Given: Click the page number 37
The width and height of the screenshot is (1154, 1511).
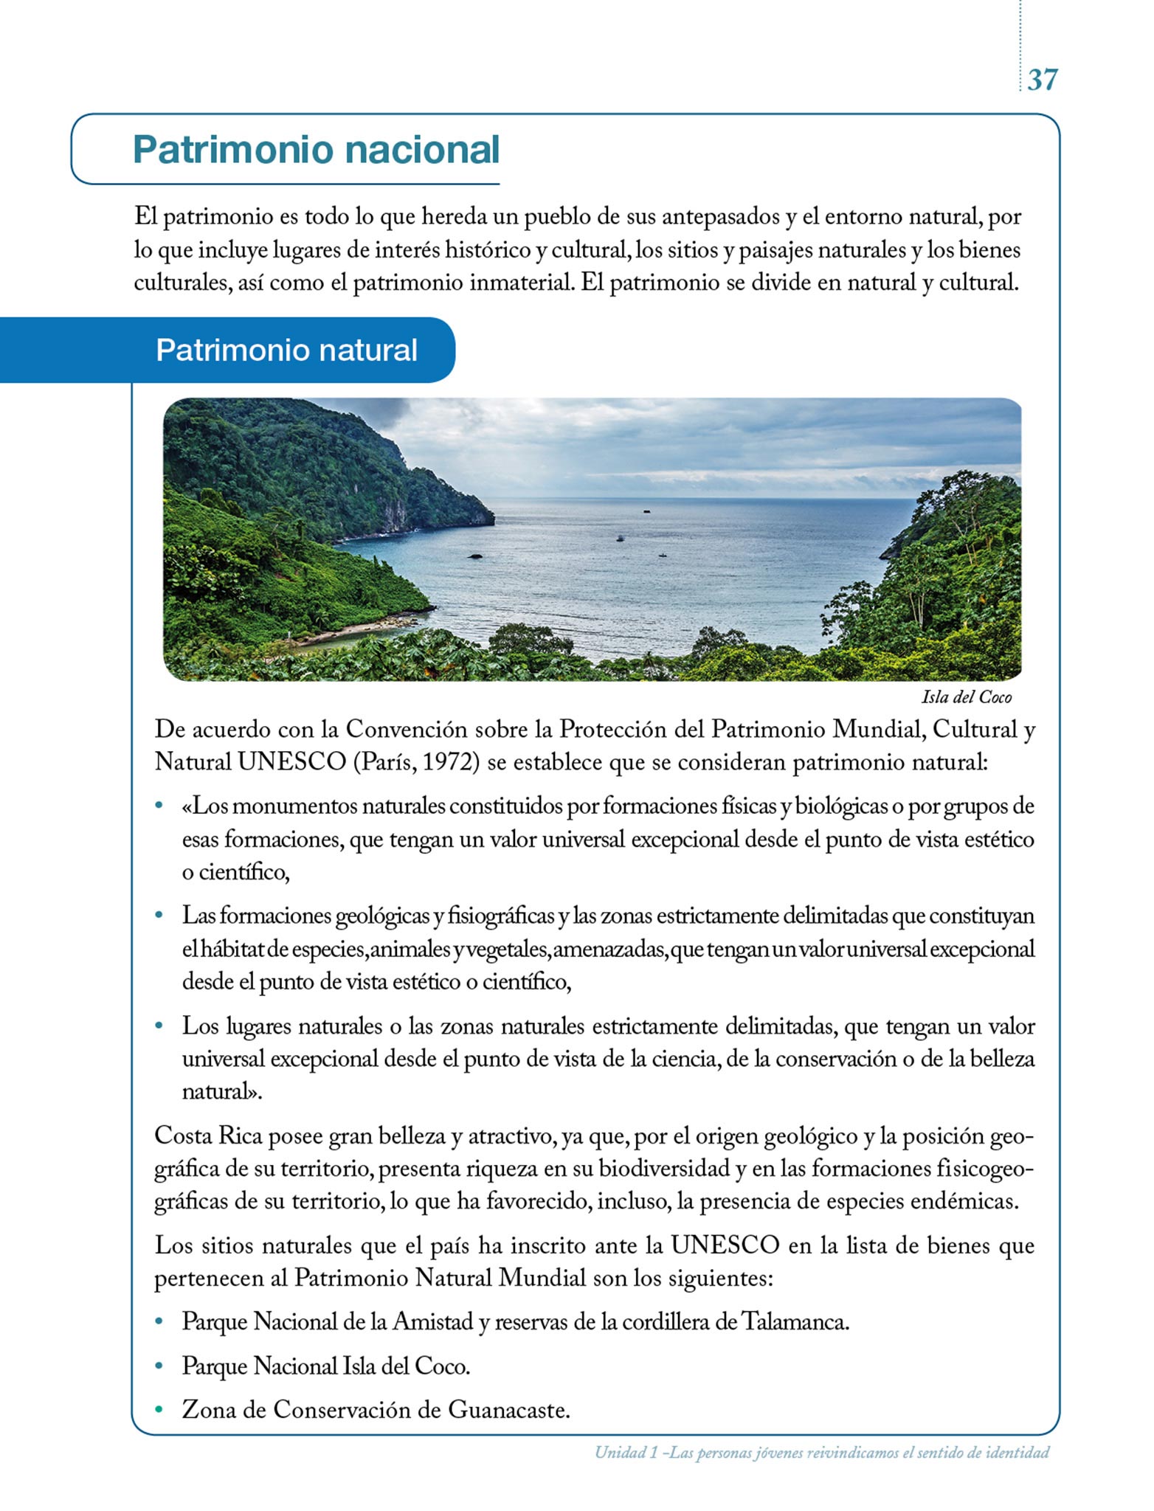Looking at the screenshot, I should click(1042, 80).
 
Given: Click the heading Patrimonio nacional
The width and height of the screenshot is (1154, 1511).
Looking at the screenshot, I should click(316, 150).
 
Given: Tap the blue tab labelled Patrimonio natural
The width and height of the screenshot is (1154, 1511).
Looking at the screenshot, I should click(286, 350).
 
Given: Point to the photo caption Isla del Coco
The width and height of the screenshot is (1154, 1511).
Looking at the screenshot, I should click(967, 697).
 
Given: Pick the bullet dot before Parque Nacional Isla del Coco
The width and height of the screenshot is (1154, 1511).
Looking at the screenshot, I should click(158, 1366).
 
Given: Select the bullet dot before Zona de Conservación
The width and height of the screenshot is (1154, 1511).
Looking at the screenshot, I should click(158, 1411).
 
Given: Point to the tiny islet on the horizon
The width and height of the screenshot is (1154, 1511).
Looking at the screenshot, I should click(647, 508).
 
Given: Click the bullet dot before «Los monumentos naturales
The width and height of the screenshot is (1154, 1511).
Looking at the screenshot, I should click(158, 806).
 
